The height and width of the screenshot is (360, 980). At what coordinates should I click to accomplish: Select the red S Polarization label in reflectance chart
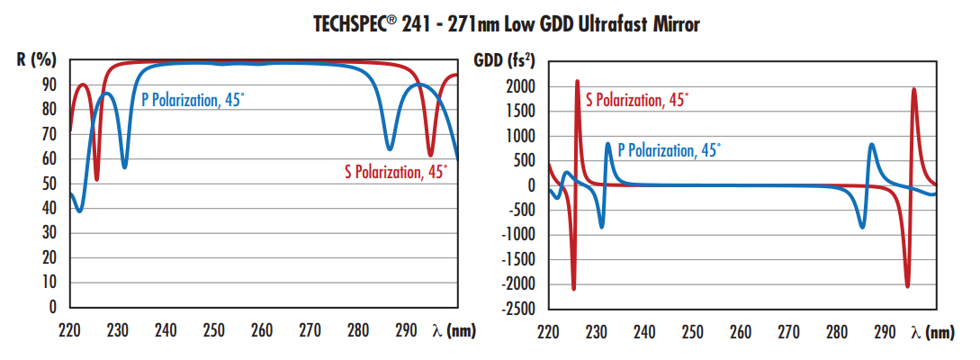click(x=395, y=171)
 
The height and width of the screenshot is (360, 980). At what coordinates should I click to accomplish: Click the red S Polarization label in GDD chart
click(x=637, y=99)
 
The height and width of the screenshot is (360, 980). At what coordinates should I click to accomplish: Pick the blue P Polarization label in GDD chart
click(x=669, y=151)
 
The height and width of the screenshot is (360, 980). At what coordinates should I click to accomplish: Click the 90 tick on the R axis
click(x=49, y=85)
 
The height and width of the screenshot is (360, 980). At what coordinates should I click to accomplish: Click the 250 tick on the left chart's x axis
click(x=213, y=330)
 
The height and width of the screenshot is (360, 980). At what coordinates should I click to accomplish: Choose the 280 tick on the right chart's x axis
click(x=837, y=332)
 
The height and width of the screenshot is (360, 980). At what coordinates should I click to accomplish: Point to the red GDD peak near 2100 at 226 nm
click(x=577, y=82)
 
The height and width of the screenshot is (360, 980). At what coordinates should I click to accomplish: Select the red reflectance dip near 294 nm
click(x=430, y=156)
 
